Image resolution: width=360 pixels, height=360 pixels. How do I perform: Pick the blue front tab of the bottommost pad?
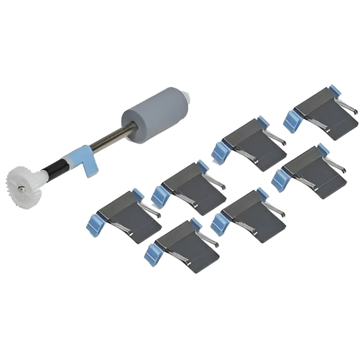click(152, 253)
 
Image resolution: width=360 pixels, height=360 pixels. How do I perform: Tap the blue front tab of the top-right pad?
click(291, 119)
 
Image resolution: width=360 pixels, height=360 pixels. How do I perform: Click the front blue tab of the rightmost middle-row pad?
click(279, 177)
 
